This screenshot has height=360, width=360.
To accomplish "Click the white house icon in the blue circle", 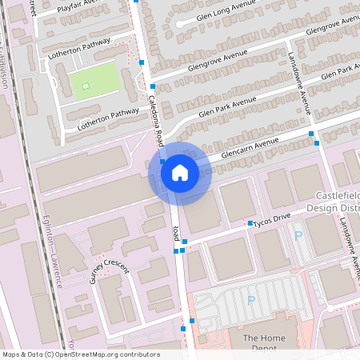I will pyautogui.click(x=180, y=173).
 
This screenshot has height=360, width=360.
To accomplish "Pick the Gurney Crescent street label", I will pyautogui.click(x=109, y=272).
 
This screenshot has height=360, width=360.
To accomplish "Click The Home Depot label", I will pyautogui.click(x=264, y=342).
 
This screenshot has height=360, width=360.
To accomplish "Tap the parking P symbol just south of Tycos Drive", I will pyautogui.click(x=298, y=235).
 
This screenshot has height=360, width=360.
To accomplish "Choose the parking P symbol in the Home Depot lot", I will pyautogui.click(x=250, y=300).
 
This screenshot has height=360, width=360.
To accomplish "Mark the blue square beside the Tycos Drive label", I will pyautogui.click(x=250, y=223).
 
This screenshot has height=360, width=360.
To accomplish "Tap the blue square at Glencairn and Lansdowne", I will pyautogui.click(x=318, y=143).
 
